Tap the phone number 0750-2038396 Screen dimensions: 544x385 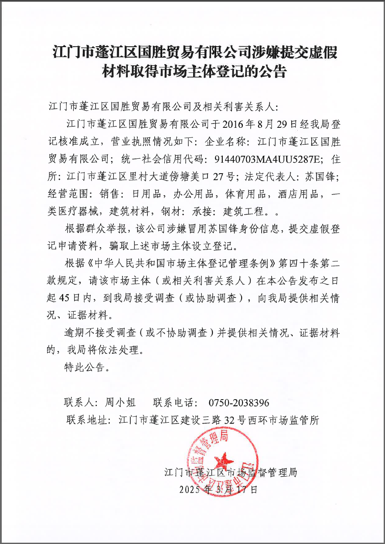click(x=239, y=402)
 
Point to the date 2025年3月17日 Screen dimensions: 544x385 click(x=218, y=489)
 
